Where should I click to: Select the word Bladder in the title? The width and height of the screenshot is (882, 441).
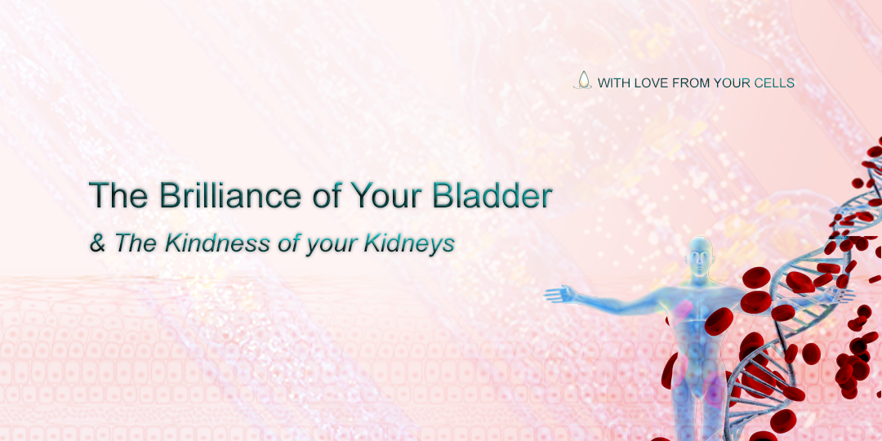[x=492, y=194]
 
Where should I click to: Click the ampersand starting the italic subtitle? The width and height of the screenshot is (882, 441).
[x=98, y=243]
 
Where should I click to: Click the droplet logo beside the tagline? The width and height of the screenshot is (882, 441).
[x=583, y=80]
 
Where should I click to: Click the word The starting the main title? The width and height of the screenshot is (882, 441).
[x=118, y=194]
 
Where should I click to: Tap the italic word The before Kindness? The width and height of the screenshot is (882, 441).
[x=137, y=243]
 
